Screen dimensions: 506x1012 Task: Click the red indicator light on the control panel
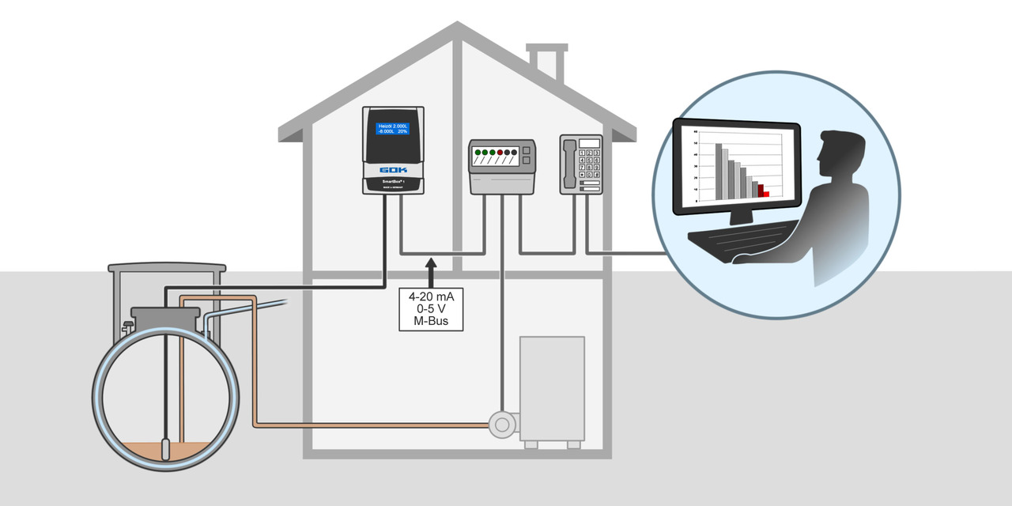pyautogui.click(x=500, y=151)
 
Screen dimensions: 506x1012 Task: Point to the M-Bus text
pyautogui.click(x=431, y=322)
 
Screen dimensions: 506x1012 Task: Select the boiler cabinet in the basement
pyautogui.click(x=552, y=387)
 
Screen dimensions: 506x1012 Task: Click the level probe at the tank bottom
pyautogui.click(x=165, y=449)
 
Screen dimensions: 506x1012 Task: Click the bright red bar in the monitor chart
pyautogui.click(x=766, y=194)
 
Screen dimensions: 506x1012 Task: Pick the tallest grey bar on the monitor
pyautogui.click(x=719, y=170)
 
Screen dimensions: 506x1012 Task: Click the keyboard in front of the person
pyautogui.click(x=739, y=235)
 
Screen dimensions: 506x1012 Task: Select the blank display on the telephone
pyautogui.click(x=590, y=142)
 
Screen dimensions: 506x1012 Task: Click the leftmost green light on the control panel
pyautogui.click(x=477, y=151)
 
